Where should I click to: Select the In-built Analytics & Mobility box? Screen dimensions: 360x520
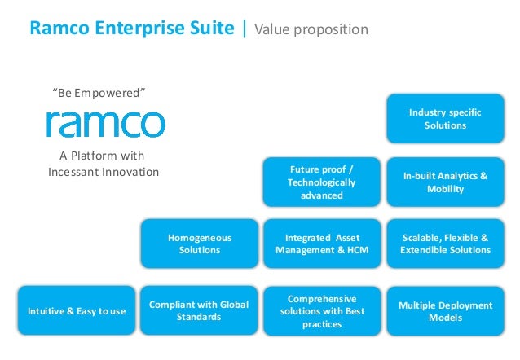(445, 182)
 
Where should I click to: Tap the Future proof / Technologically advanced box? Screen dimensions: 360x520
(322, 182)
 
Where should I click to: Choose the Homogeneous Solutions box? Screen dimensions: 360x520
(200, 244)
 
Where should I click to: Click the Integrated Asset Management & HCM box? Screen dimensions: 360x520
(322, 244)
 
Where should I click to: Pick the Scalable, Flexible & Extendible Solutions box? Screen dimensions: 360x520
(445, 244)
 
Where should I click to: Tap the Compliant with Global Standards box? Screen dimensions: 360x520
(200, 310)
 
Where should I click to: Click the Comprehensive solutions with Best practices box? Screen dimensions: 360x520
(322, 311)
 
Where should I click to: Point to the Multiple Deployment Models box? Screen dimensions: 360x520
(445, 311)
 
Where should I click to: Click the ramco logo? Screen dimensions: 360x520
(105, 124)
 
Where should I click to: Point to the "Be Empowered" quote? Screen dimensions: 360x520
(99, 92)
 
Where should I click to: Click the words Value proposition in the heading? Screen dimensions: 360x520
(311, 30)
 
